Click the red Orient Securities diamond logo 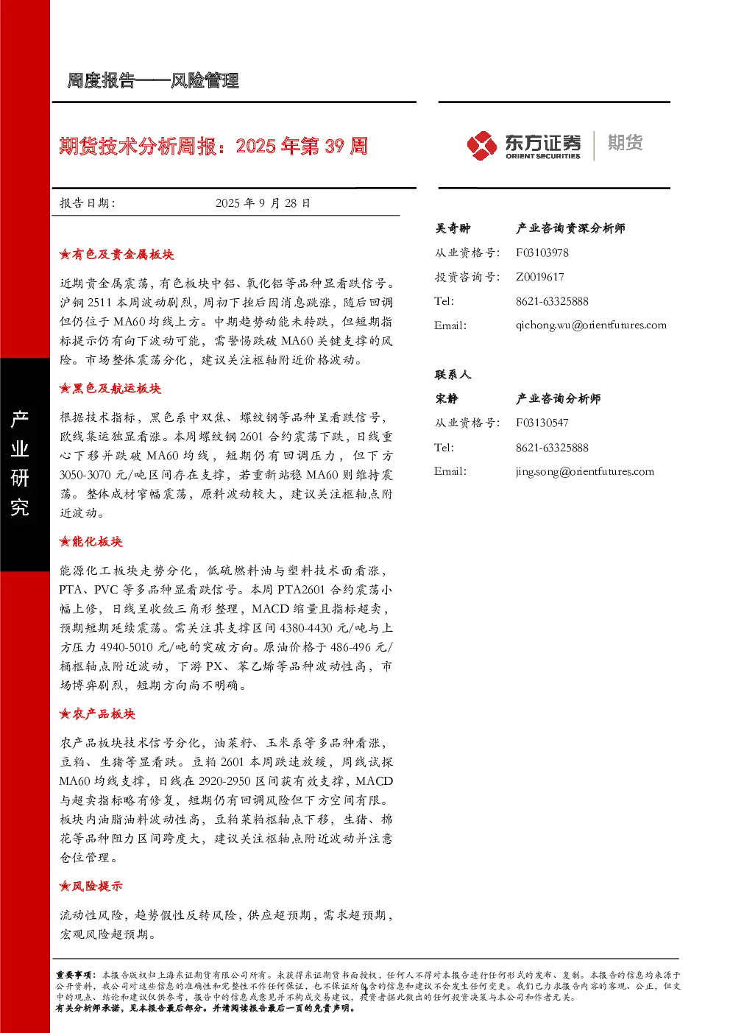click(481, 145)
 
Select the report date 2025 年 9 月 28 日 click(263, 203)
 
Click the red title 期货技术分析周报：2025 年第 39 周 click(213, 146)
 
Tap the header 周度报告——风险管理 click(152, 81)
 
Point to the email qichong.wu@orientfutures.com click(591, 325)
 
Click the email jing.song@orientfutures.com click(585, 471)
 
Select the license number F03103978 click(542, 253)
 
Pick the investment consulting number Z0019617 click(539, 277)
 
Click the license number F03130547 click(542, 423)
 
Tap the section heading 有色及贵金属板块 click(116, 255)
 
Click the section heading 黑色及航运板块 click(110, 389)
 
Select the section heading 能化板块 click(91, 542)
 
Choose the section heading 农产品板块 click(97, 714)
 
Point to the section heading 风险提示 click(91, 886)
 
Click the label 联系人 click(453, 375)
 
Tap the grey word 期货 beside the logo click(625, 143)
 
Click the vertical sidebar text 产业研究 click(20, 463)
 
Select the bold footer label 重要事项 click(74, 975)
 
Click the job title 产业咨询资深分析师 click(570, 228)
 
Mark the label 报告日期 click(87, 203)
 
